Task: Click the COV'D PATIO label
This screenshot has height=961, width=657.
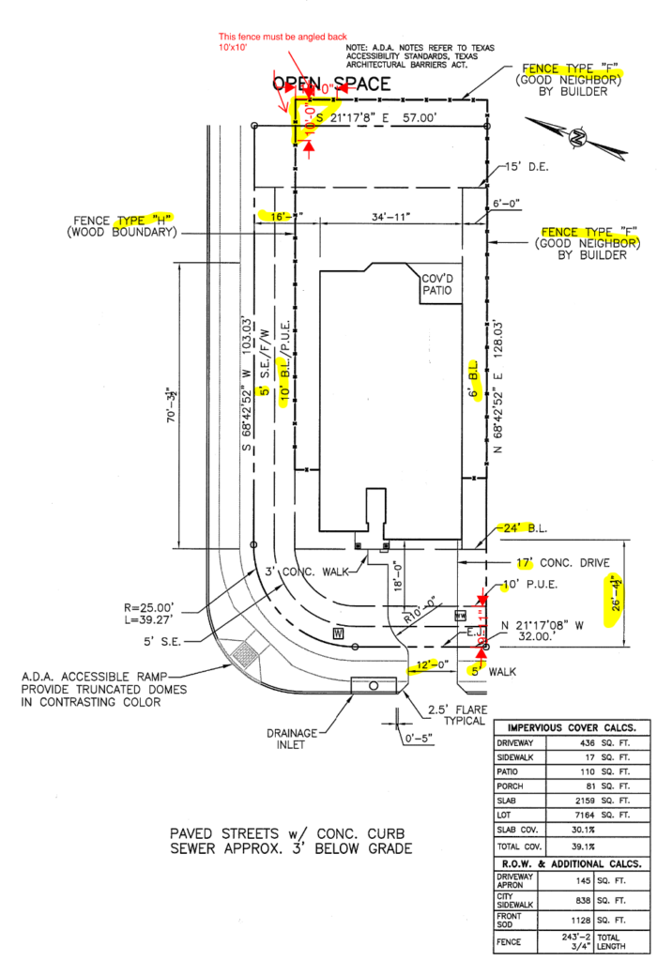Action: (x=437, y=284)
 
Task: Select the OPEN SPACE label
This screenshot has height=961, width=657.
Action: (x=330, y=84)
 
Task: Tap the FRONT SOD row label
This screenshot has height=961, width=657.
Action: (x=512, y=920)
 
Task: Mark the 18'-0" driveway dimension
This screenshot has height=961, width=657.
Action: (x=397, y=577)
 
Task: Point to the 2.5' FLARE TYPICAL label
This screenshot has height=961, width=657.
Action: (x=458, y=714)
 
